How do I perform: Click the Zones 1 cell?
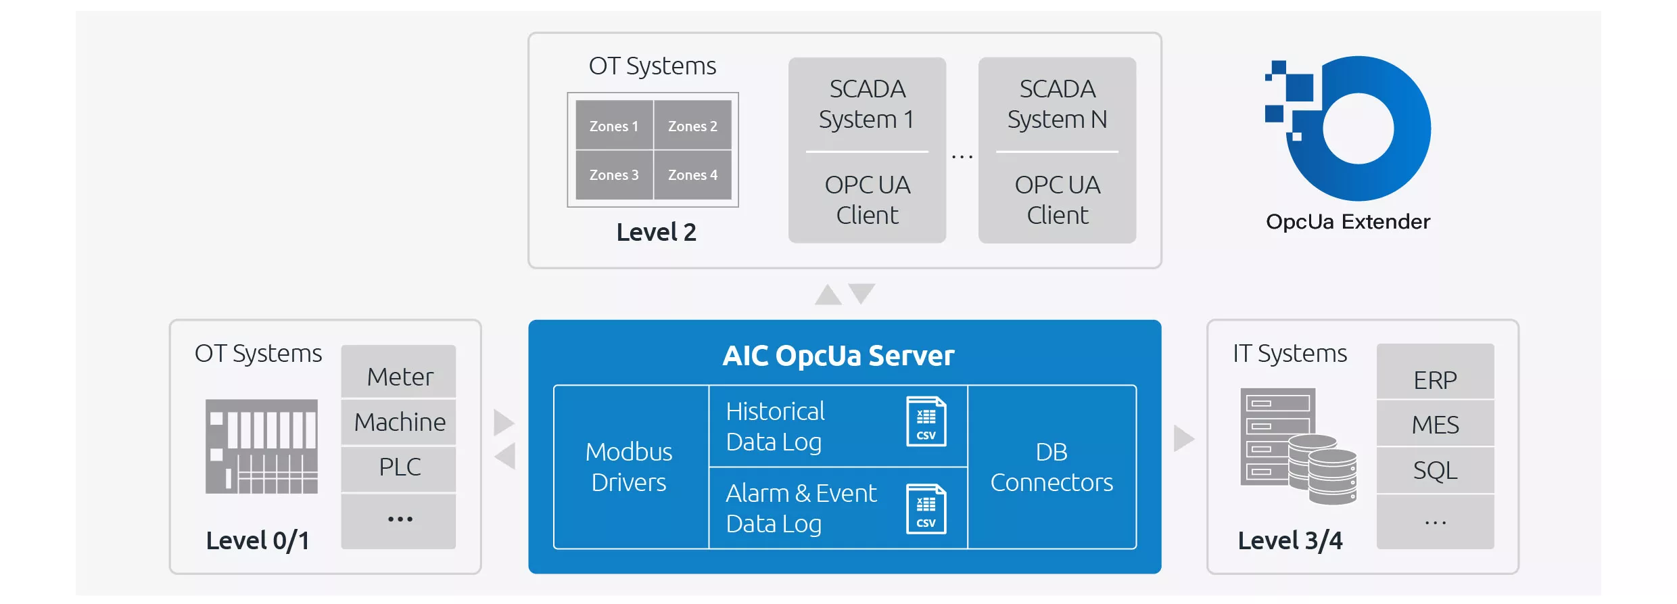click(614, 126)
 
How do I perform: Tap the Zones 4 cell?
click(692, 175)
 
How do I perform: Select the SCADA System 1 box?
click(867, 150)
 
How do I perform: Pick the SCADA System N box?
click(1057, 150)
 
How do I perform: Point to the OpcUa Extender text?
click(1348, 222)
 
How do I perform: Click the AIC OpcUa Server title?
click(839, 356)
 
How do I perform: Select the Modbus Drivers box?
click(629, 467)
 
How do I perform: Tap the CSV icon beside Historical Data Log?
click(926, 421)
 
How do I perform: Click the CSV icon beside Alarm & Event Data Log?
click(926, 509)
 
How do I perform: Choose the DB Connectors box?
click(1052, 467)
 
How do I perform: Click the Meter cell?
click(399, 377)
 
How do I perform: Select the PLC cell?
click(399, 467)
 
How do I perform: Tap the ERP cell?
click(1435, 380)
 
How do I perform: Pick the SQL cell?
click(1435, 470)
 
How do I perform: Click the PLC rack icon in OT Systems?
click(262, 446)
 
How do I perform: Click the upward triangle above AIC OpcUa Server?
click(828, 296)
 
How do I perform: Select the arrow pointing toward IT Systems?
click(1183, 438)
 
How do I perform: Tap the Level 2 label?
click(656, 232)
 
